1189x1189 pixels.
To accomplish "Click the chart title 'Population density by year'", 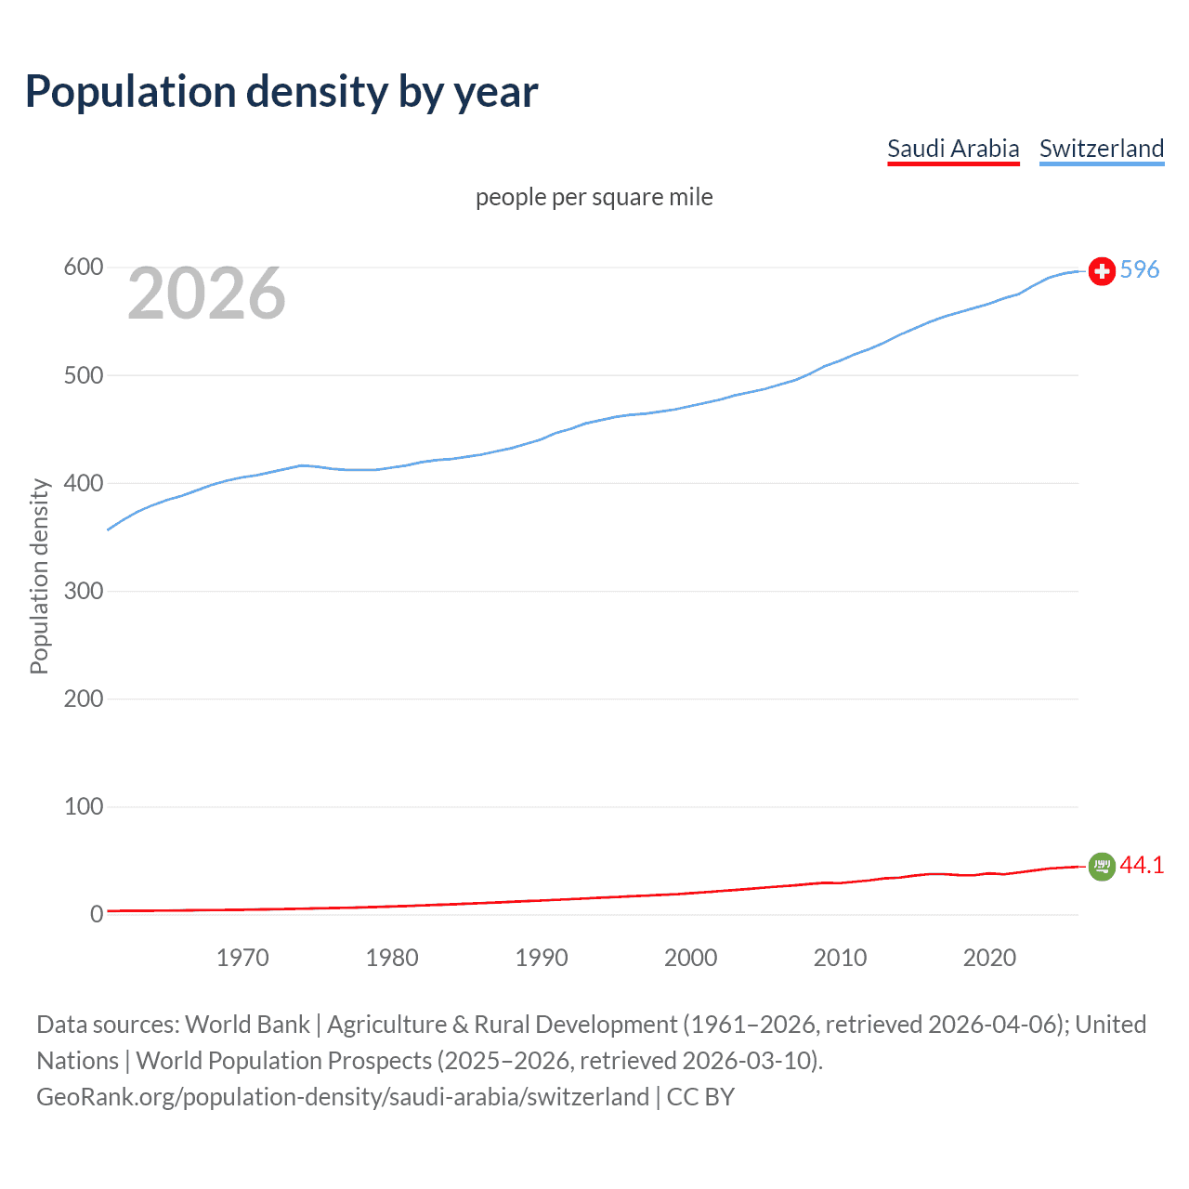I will pos(281,92).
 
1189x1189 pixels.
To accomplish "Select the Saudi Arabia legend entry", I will pos(953,149).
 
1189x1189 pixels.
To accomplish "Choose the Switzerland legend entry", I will pos(1101,149).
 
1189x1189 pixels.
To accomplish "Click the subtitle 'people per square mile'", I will pos(594,197).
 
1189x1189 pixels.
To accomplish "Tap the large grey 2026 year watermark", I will pos(206,294).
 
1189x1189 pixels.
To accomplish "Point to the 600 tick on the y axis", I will pos(83,268).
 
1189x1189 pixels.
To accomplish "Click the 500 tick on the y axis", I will pos(83,375).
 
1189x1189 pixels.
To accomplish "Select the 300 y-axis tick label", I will pos(83,591).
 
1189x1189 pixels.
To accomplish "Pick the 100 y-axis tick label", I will pos(83,806).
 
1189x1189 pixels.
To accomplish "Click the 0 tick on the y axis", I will pos(97,914).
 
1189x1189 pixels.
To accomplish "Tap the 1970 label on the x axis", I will pos(242,958).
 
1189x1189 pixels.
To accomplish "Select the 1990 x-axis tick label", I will pos(542,958).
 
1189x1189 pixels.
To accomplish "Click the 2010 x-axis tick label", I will pos(840,958).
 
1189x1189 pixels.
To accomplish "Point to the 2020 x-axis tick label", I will pos(989,958).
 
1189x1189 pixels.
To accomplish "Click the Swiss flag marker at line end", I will pos(1102,271).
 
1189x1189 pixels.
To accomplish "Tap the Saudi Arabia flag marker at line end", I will pos(1102,867).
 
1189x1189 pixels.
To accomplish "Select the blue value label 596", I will pos(1140,269).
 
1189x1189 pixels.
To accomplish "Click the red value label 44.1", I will pos(1142,865).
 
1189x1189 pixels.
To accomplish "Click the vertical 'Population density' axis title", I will pos(39,576).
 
